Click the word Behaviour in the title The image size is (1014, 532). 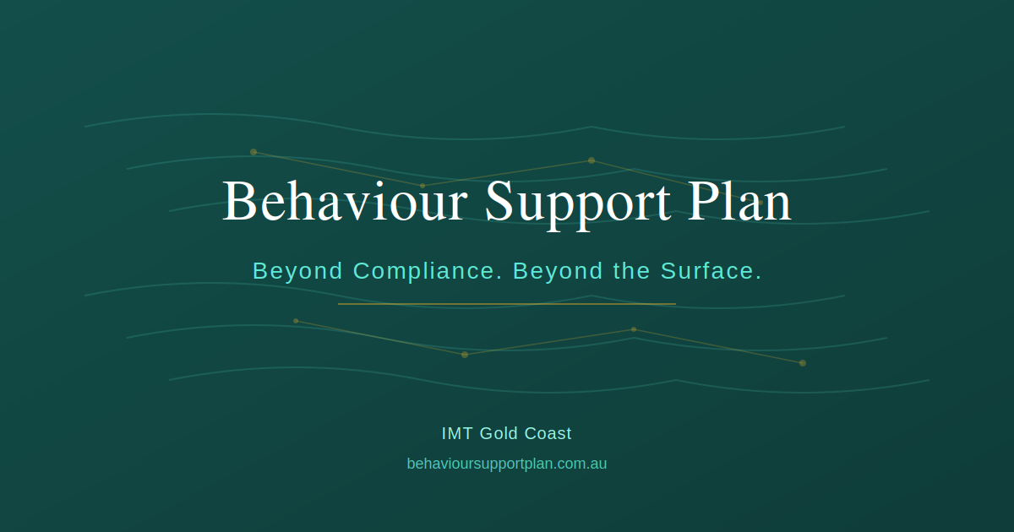(x=345, y=201)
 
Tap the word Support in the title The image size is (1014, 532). (x=578, y=205)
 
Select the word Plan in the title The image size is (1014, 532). (x=739, y=200)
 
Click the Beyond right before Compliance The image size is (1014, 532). (x=297, y=271)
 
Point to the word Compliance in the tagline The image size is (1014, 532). (x=428, y=271)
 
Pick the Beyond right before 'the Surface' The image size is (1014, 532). (x=558, y=271)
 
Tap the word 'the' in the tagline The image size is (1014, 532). (x=631, y=270)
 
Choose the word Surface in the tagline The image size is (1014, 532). (x=711, y=270)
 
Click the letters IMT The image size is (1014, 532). (x=457, y=433)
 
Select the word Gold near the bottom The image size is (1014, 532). (x=499, y=433)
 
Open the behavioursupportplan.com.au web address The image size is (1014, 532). (x=506, y=464)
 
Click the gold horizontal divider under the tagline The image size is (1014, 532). (x=507, y=304)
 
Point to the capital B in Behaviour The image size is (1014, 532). (x=238, y=201)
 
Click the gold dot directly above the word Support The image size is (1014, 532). (x=591, y=160)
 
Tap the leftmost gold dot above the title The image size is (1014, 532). (x=253, y=152)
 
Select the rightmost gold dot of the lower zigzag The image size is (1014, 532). (x=803, y=363)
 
